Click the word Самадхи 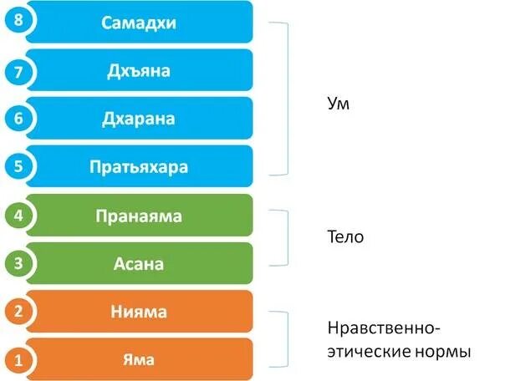point(140,23)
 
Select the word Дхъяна point(140,70)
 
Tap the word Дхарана point(140,119)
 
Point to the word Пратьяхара point(140,166)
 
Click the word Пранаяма point(140,216)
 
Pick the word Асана point(140,264)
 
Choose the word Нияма point(140,312)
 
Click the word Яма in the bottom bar point(140,361)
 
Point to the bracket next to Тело point(287,236)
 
